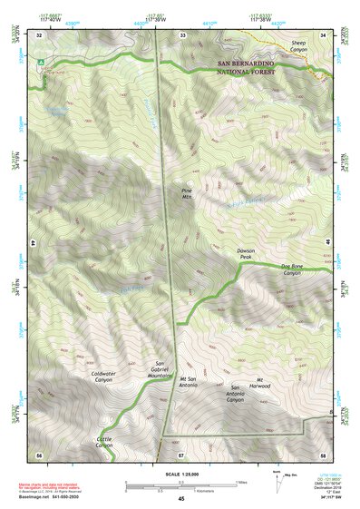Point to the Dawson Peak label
tap(238, 255)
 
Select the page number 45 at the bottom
tap(180, 498)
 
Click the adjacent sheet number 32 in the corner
tap(41, 35)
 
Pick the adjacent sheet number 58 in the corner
tap(323, 454)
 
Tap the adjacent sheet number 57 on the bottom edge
tap(181, 454)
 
